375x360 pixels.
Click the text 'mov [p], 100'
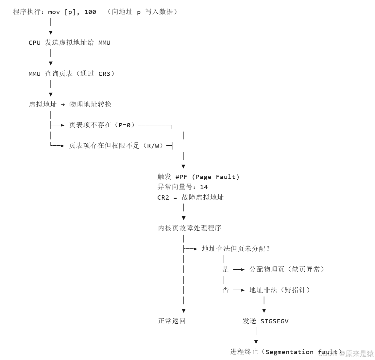pyautogui.click(x=72, y=12)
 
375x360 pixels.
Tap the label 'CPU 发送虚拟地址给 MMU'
pyautogui.click(x=70, y=43)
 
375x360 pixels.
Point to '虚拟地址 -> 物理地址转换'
pyautogui.click(x=70, y=104)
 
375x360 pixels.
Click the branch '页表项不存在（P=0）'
pyautogui.click(x=102, y=125)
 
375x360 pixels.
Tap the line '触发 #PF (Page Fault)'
pyautogui.click(x=198, y=177)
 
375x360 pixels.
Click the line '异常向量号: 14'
pyautogui.click(x=183, y=187)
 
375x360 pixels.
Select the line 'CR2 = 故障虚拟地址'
pyautogui.click(x=191, y=197)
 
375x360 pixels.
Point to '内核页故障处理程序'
pyautogui.click(x=190, y=228)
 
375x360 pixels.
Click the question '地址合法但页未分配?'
pyautogui.click(x=235, y=249)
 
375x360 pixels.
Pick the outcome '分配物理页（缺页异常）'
pyautogui.click(x=287, y=269)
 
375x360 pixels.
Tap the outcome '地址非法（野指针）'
pyautogui.click(x=280, y=290)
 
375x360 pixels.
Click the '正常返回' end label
pyautogui.click(x=172, y=321)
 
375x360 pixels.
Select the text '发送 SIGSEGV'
pyautogui.click(x=265, y=321)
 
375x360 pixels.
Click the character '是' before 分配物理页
pyautogui.click(x=226, y=269)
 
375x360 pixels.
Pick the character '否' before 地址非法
pyautogui.click(x=226, y=290)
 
